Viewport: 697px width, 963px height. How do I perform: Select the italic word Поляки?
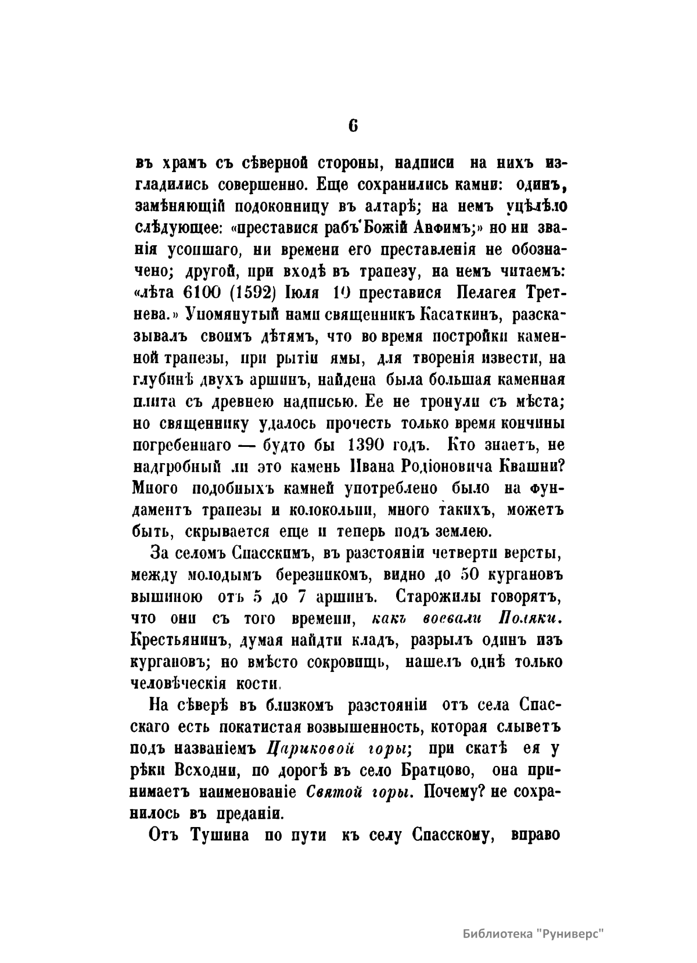(529, 618)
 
